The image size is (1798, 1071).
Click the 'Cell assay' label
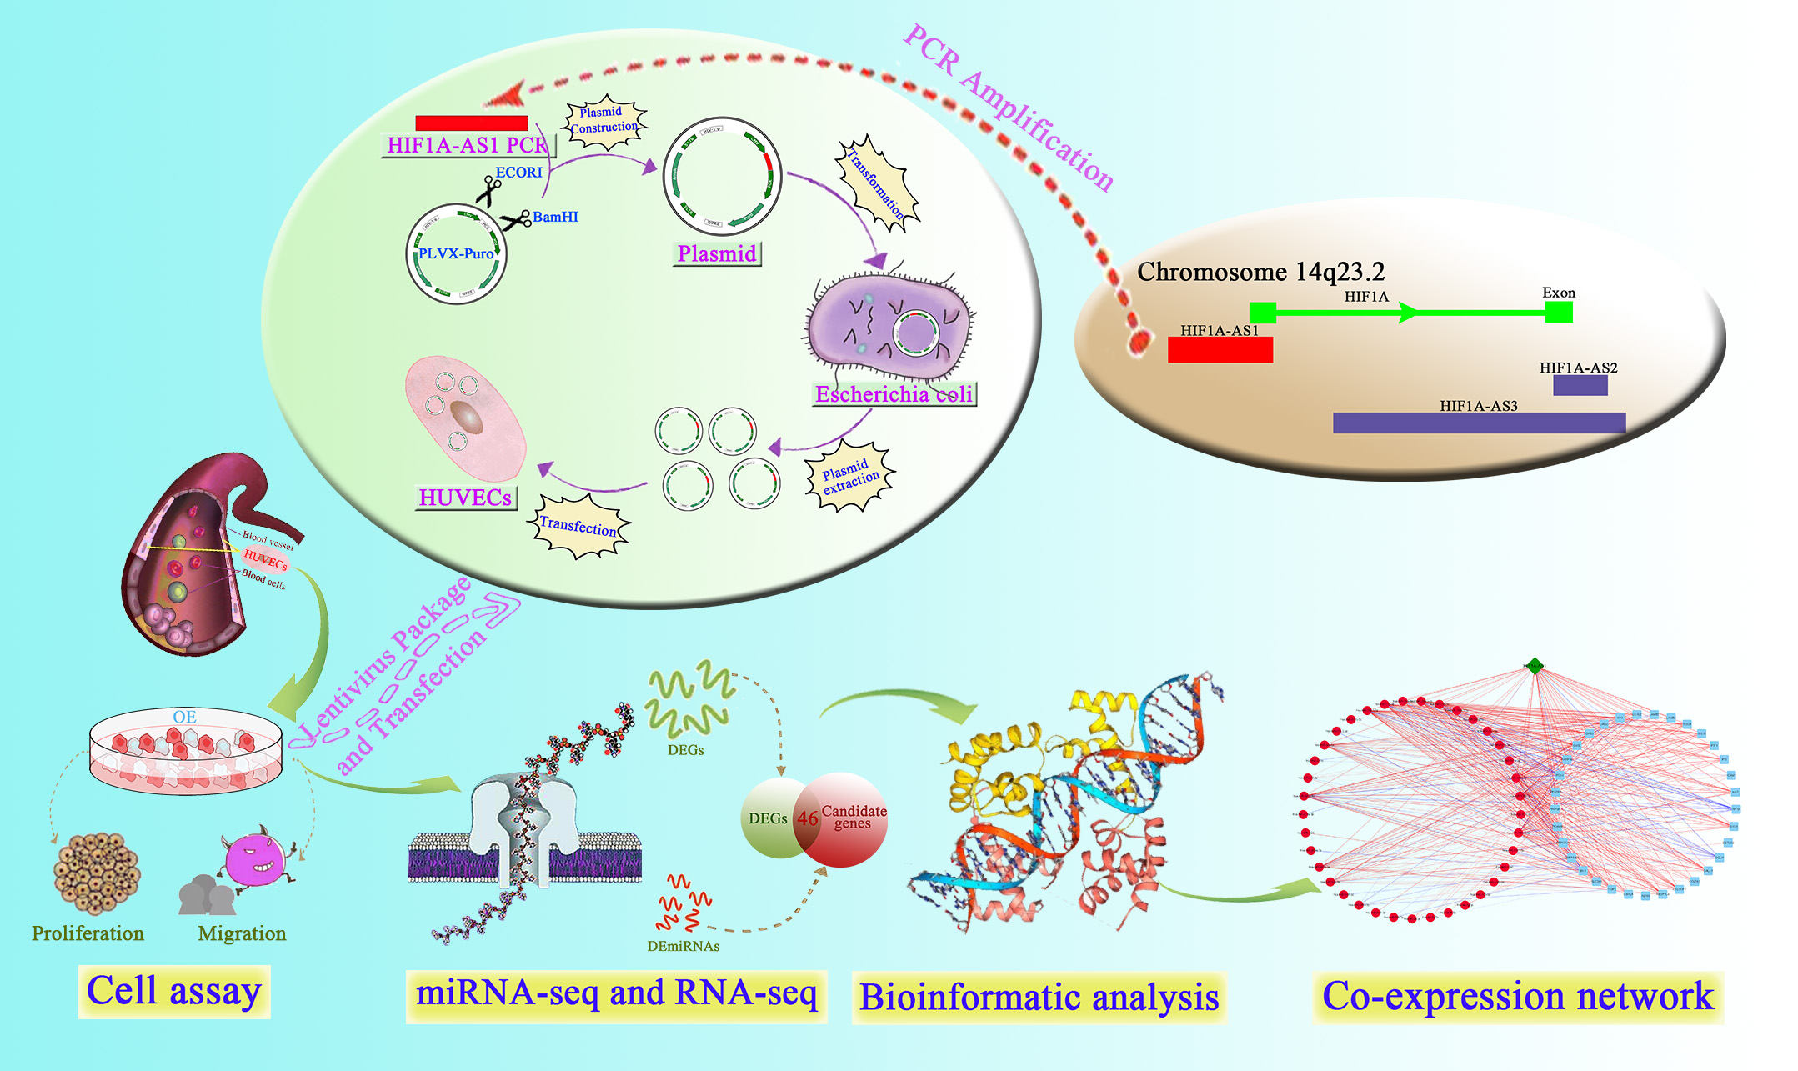point(174,992)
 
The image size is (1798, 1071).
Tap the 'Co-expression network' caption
point(1517,997)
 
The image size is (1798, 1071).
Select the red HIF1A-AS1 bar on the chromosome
point(1220,350)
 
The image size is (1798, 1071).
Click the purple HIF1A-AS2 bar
point(1580,385)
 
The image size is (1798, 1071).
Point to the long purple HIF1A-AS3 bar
point(1479,423)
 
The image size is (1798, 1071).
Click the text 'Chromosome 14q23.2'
point(1260,272)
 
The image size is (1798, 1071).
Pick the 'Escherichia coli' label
point(894,394)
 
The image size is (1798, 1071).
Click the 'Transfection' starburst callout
point(578,526)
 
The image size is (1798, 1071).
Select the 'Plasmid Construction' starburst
point(604,122)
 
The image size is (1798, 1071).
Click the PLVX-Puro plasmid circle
point(456,253)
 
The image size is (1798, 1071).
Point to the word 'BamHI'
point(555,217)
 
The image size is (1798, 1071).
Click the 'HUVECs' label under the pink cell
point(465,498)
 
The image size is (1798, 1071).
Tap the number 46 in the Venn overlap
point(807,818)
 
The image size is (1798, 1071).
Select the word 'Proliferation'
point(88,933)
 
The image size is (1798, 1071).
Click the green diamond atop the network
point(1535,665)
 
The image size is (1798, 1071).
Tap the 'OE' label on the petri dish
point(184,717)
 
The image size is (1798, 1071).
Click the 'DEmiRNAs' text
point(683,946)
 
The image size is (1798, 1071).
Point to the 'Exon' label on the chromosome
point(1558,293)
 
